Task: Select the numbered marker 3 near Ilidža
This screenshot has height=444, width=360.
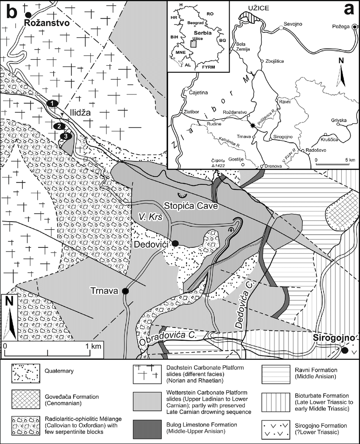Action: point(64,136)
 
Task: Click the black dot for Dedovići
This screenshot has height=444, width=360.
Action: point(175,242)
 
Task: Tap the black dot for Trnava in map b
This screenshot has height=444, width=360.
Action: point(125,291)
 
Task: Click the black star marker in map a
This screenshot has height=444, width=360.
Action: point(253,125)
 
